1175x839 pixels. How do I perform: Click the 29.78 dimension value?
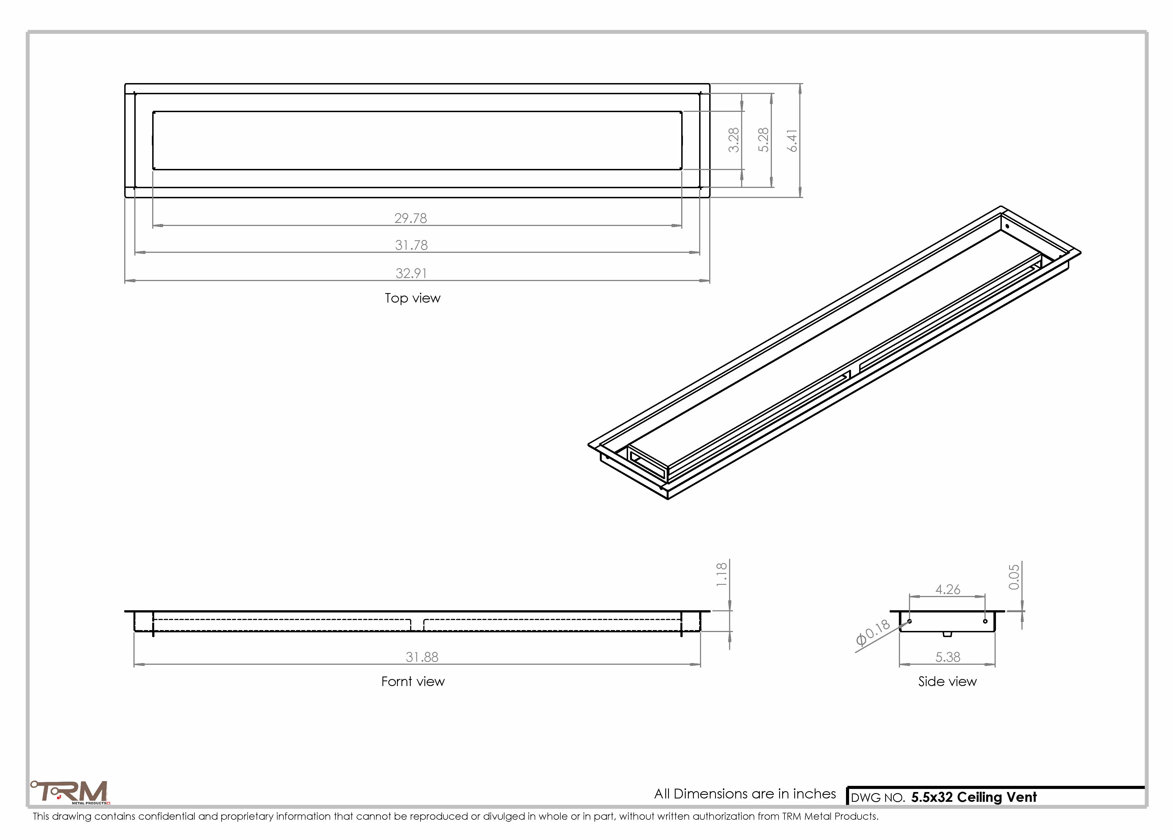[x=411, y=218]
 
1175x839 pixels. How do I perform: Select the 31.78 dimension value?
[x=411, y=245]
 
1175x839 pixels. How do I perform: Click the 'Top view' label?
[x=412, y=298]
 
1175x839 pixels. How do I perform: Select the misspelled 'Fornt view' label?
[x=413, y=682]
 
